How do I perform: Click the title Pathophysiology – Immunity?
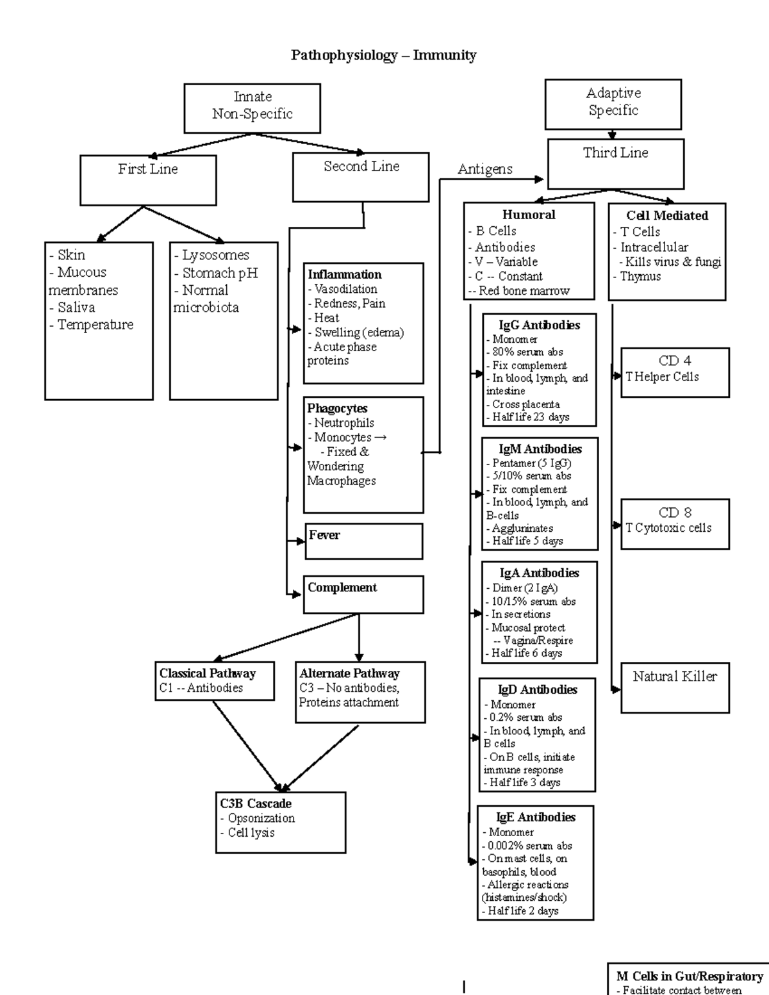383,55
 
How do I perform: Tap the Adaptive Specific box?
613,103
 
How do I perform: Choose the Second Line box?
361,176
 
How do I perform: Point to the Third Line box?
615,163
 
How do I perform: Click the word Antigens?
484,170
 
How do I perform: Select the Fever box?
363,541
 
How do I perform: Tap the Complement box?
363,594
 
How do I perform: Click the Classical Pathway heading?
207,673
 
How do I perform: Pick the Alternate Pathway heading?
349,673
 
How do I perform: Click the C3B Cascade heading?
256,803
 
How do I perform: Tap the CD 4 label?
675,361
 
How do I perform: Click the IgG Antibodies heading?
539,325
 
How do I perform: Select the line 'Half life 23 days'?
531,417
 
